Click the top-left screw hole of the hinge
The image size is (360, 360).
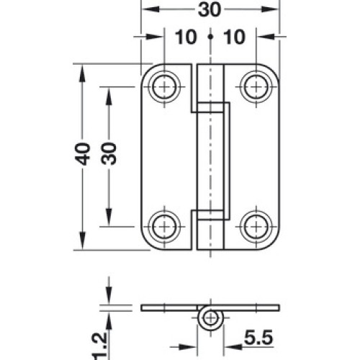tap(164, 86)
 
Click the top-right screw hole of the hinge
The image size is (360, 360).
tap(256, 86)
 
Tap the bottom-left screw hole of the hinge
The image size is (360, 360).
tap(164, 226)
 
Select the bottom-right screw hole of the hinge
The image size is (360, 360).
tap(256, 226)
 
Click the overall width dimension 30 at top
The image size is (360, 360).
tap(210, 10)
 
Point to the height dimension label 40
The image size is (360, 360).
tap(82, 154)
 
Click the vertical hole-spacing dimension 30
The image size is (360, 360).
tap(109, 153)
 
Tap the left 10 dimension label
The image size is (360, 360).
tap(186, 37)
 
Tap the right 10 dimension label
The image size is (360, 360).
tap(235, 37)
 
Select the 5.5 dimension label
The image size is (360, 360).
tap(258, 337)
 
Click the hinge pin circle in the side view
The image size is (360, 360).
tap(211, 318)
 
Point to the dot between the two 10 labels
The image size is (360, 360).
tap(210, 37)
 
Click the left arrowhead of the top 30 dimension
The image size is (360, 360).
tap(150, 9)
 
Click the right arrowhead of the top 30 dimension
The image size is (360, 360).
tap(269, 9)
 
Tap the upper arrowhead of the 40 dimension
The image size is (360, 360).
tap(82, 74)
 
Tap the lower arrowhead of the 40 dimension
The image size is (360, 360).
tap(82, 240)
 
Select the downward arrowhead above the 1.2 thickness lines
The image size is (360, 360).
tap(109, 295)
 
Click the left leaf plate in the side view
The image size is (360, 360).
tap(169, 308)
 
